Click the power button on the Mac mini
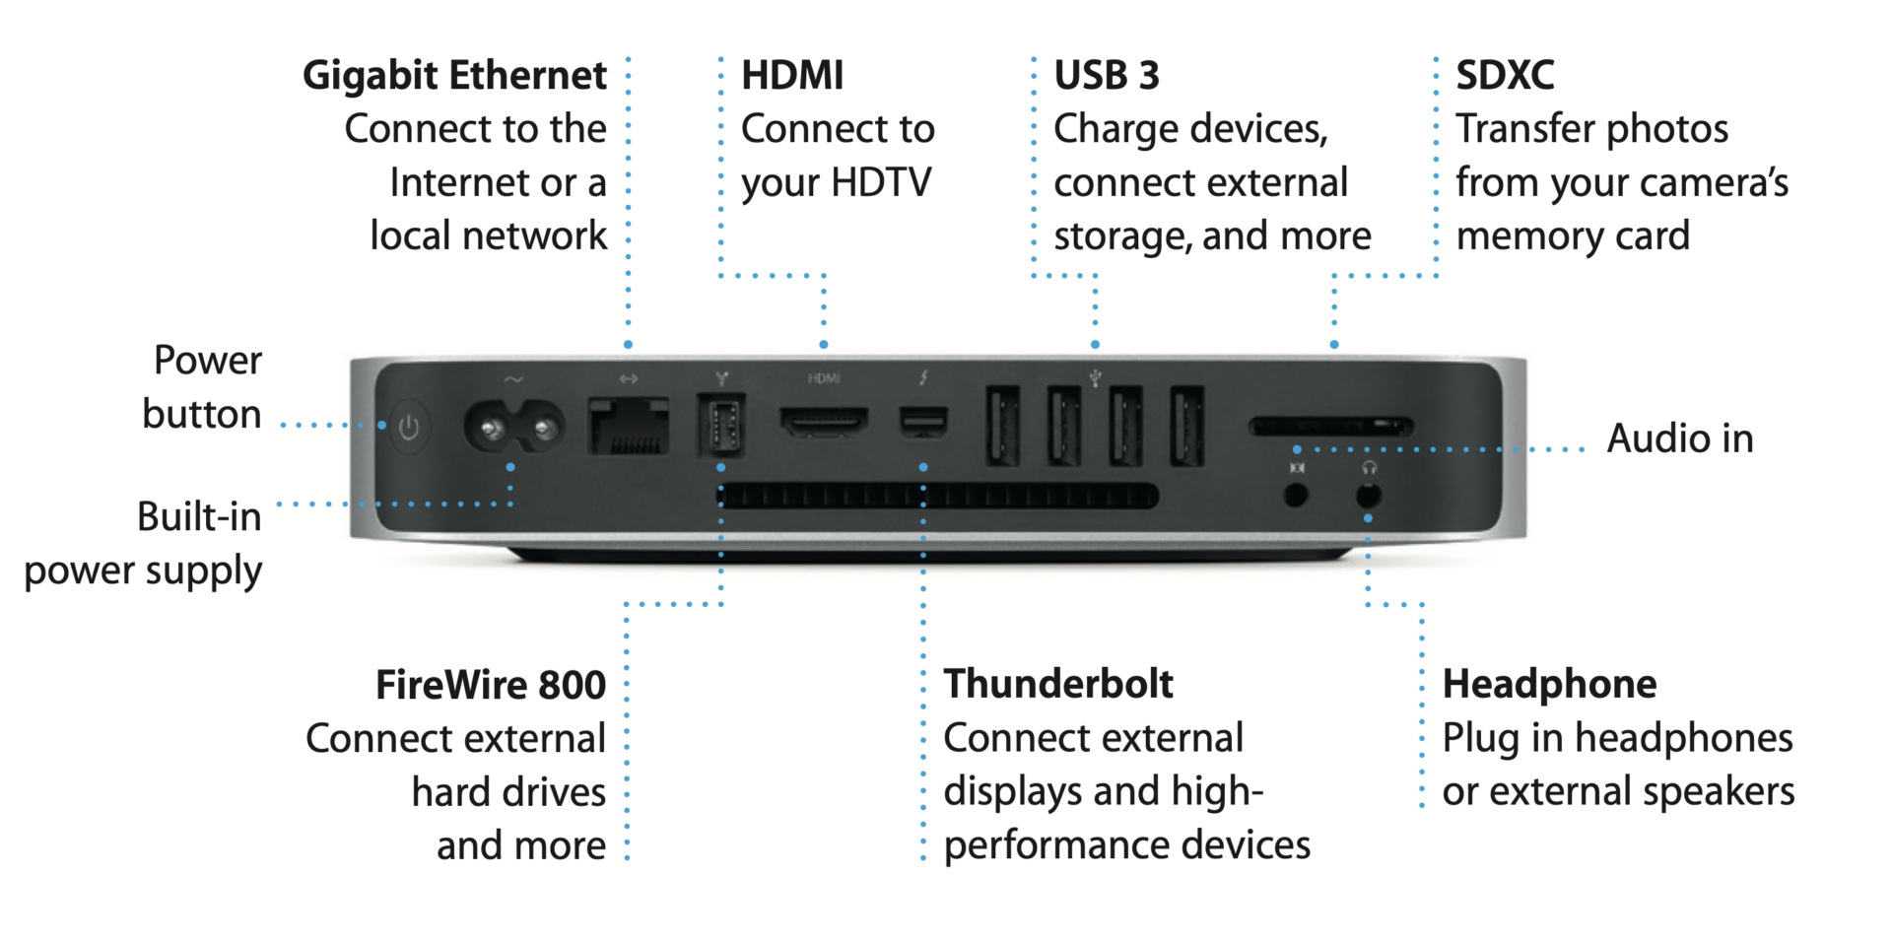click(409, 428)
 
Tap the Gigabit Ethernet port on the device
click(629, 426)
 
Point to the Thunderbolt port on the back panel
click(923, 422)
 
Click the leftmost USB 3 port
click(1002, 426)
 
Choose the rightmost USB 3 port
click(1187, 426)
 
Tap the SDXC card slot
click(1330, 427)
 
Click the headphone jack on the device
click(1368, 495)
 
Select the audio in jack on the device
click(1296, 495)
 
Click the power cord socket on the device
click(513, 429)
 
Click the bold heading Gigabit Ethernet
click(454, 76)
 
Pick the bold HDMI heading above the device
click(792, 76)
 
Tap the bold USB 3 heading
click(1107, 76)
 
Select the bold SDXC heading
click(1505, 76)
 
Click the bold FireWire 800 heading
click(490, 685)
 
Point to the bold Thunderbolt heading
click(1058, 684)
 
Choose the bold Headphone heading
click(1549, 684)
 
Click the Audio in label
click(1680, 438)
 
